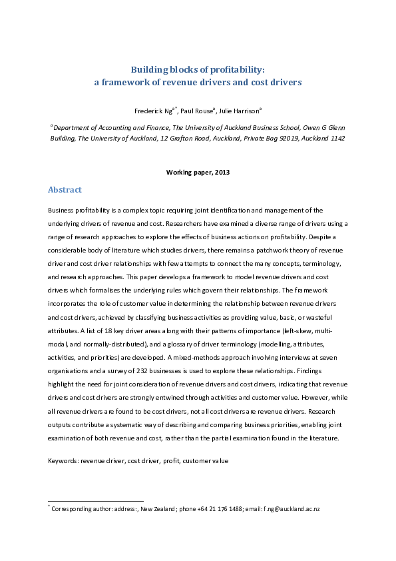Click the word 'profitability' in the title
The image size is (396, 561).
pyautogui.click(x=240, y=69)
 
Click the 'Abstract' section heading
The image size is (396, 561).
pyautogui.click(x=65, y=190)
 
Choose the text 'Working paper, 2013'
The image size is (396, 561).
pyautogui.click(x=198, y=172)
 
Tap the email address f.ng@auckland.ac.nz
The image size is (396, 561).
pyautogui.click(x=292, y=509)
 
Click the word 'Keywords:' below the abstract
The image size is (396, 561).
pyautogui.click(x=64, y=460)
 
